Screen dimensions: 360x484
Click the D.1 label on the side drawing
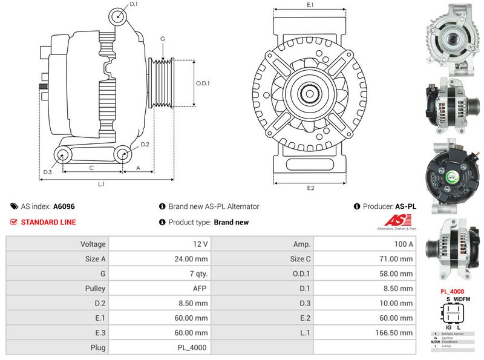(134, 4)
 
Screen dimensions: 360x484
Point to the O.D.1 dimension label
(203, 83)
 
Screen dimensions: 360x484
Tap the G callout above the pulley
(163, 39)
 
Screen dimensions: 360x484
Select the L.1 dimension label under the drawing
(102, 184)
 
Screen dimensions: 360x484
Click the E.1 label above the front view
(310, 5)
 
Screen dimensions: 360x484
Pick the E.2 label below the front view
(310, 188)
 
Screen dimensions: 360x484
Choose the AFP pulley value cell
(200, 289)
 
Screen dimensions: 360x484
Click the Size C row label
(301, 259)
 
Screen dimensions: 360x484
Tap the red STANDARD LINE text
(48, 222)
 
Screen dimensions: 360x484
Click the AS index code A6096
(64, 206)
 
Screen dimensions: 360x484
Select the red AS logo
(396, 221)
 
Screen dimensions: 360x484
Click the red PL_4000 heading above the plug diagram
(453, 291)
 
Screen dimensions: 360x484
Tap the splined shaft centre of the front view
(310, 94)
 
